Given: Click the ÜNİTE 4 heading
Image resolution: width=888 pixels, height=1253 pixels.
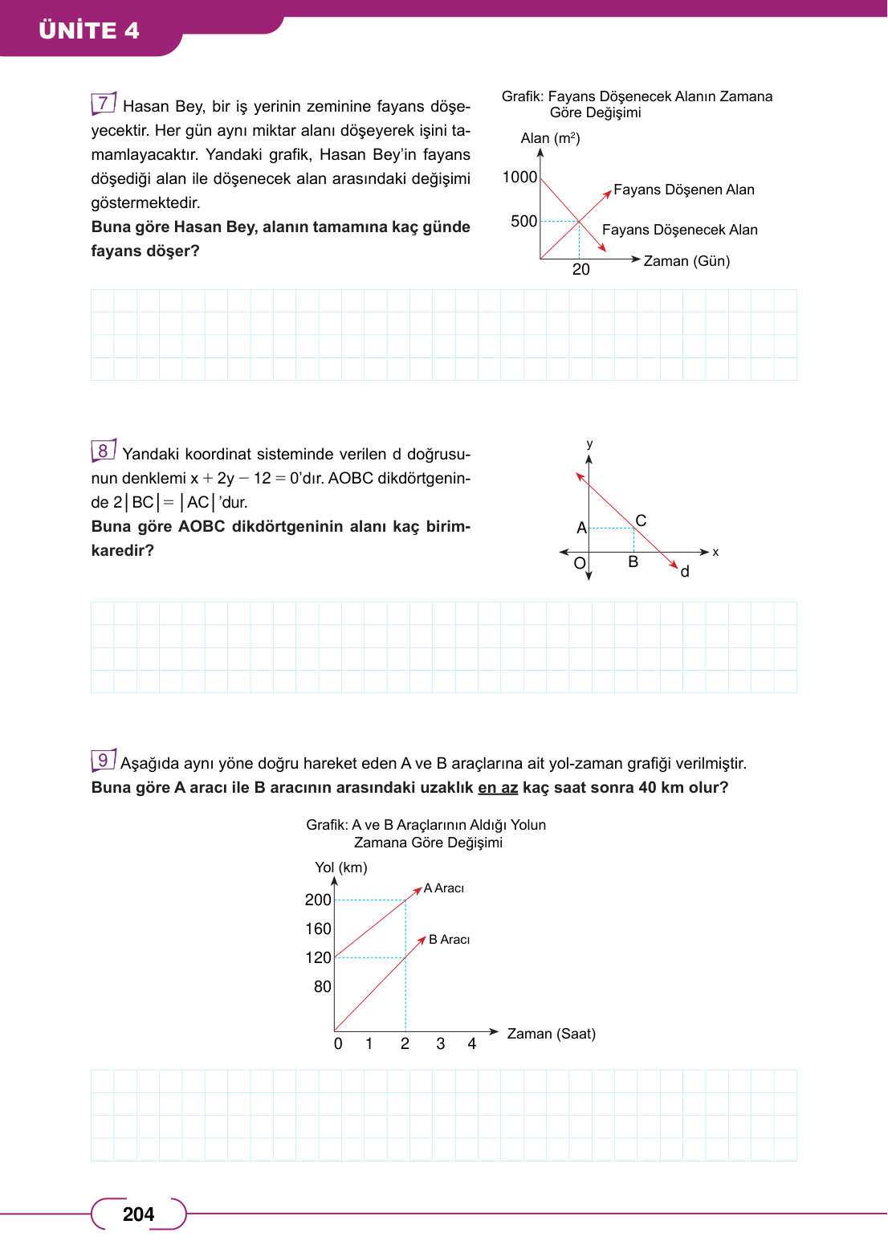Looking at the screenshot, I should [x=89, y=31].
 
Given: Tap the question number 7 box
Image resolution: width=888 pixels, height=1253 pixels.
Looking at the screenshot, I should [x=104, y=104].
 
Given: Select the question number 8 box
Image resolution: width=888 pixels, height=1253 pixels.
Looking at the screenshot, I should [x=104, y=451].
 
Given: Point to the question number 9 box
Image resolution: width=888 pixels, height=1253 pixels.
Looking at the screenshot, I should [x=104, y=760].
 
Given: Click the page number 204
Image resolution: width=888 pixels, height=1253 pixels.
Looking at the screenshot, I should [x=138, y=1214].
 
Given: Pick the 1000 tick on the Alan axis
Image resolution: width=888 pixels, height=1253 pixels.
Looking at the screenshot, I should [x=519, y=177].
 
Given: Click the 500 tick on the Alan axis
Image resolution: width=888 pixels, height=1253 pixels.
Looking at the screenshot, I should [x=523, y=221].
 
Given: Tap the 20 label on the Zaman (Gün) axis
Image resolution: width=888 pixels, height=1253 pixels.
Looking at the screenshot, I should [x=580, y=270].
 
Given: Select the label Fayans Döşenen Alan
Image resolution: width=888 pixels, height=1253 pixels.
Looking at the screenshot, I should [x=683, y=190].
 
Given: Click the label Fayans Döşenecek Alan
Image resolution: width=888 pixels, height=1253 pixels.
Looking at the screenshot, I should [x=679, y=230].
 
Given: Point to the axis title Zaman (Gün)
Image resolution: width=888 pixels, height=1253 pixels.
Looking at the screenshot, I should [x=686, y=261].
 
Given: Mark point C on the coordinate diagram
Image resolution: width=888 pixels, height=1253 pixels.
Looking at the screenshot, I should [x=641, y=520].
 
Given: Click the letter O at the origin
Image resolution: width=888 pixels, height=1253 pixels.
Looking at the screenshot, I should [x=580, y=563].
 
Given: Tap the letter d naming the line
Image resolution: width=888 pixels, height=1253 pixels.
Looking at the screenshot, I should [x=685, y=572].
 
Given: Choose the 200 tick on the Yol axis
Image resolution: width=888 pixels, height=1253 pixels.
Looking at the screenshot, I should [x=318, y=900].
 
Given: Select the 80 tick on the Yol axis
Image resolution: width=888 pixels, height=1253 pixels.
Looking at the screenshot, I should [x=322, y=986].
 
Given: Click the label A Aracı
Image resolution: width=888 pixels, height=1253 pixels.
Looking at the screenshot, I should [x=444, y=888].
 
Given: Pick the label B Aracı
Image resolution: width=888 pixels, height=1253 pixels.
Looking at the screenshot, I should [x=449, y=940].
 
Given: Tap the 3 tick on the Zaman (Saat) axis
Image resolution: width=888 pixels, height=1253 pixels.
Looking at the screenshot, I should [x=440, y=1043].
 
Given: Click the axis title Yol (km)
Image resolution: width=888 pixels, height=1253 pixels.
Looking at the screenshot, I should [x=341, y=867].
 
